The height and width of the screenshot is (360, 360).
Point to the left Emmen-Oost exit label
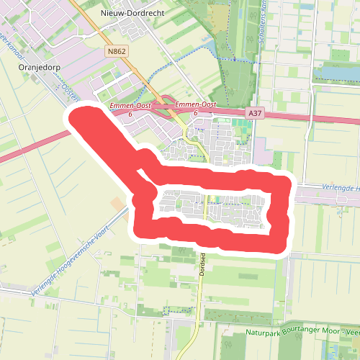pyautogui.click(x=130, y=106)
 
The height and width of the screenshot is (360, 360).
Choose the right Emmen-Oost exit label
pyautogui.click(x=195, y=105)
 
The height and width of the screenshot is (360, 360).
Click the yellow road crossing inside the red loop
pyautogui.click(x=206, y=205)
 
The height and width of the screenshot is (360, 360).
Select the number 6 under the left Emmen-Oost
pyautogui.click(x=130, y=114)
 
